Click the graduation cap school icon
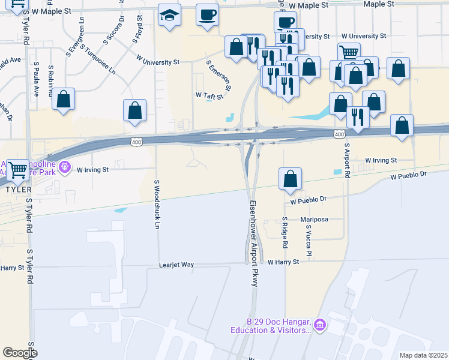170,16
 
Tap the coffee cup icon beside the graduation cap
208,16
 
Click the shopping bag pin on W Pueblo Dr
290,179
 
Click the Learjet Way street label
176,264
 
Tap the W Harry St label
283,262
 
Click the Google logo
20,353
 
